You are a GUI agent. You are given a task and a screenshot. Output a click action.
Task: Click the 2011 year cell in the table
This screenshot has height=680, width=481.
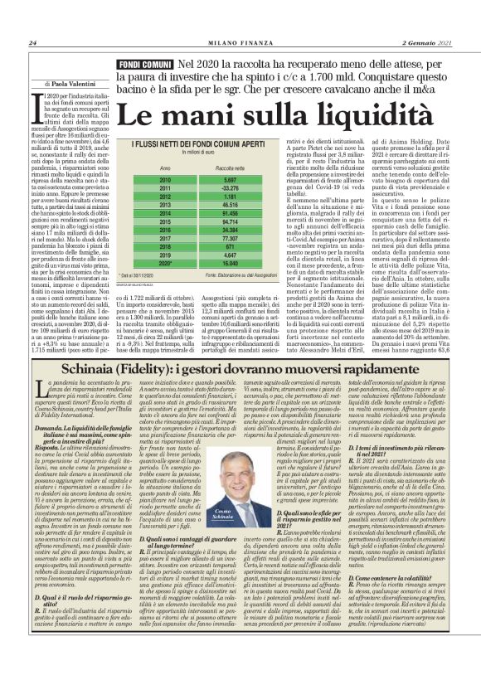point(164,188)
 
